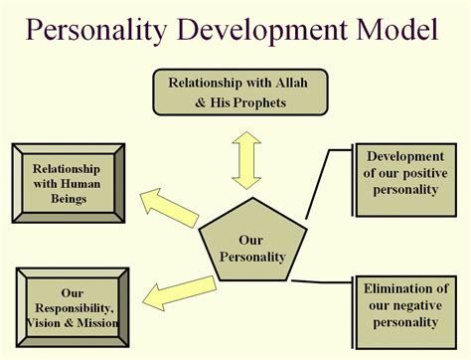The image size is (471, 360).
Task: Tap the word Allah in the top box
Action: tap(293, 81)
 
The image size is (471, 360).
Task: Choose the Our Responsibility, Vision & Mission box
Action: tap(71, 307)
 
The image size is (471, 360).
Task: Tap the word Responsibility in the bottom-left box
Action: tap(71, 307)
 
